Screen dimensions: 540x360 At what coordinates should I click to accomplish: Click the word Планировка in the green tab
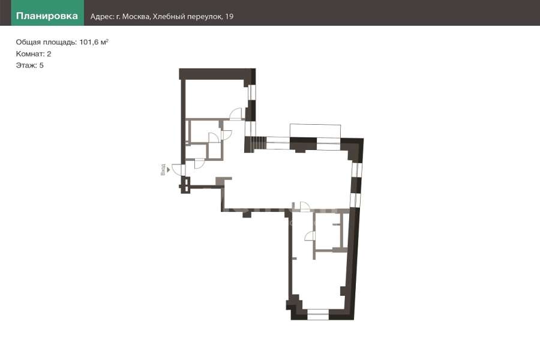47,16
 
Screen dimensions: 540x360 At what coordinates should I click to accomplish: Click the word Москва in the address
136,17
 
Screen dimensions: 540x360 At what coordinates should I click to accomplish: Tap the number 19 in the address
229,17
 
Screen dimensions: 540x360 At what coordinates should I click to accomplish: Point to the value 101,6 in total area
89,42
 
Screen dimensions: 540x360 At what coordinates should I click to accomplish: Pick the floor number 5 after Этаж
41,65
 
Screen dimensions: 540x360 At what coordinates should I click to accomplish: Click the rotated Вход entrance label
163,169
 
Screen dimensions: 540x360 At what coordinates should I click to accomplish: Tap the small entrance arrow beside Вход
169,169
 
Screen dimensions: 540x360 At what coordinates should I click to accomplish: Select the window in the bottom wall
318,314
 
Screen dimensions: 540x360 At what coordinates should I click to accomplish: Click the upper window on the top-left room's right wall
253,92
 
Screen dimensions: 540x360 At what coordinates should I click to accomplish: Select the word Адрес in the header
101,17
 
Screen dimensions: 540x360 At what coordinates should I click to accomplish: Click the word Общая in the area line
28,42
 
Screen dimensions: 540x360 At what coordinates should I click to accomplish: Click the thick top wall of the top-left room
217,74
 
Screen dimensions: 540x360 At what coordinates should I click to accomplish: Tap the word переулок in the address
205,17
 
